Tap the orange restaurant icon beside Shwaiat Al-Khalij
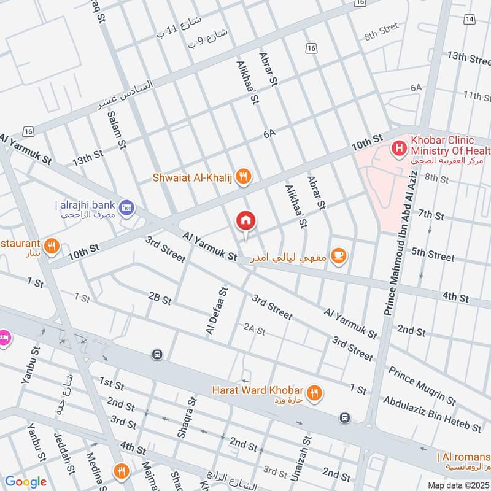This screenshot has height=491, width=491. pyautogui.click(x=244, y=177)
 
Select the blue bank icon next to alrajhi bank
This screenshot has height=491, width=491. pyautogui.click(x=127, y=209)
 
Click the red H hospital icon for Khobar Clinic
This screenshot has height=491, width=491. pyautogui.click(x=399, y=148)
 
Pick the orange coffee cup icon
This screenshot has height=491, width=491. pyautogui.click(x=338, y=254)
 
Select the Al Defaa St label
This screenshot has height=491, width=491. pyautogui.click(x=217, y=311)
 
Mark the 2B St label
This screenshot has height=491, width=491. pyautogui.click(x=160, y=298)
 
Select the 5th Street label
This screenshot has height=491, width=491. pyautogui.click(x=433, y=253)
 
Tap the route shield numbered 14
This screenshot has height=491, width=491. pyautogui.click(x=470, y=20)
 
